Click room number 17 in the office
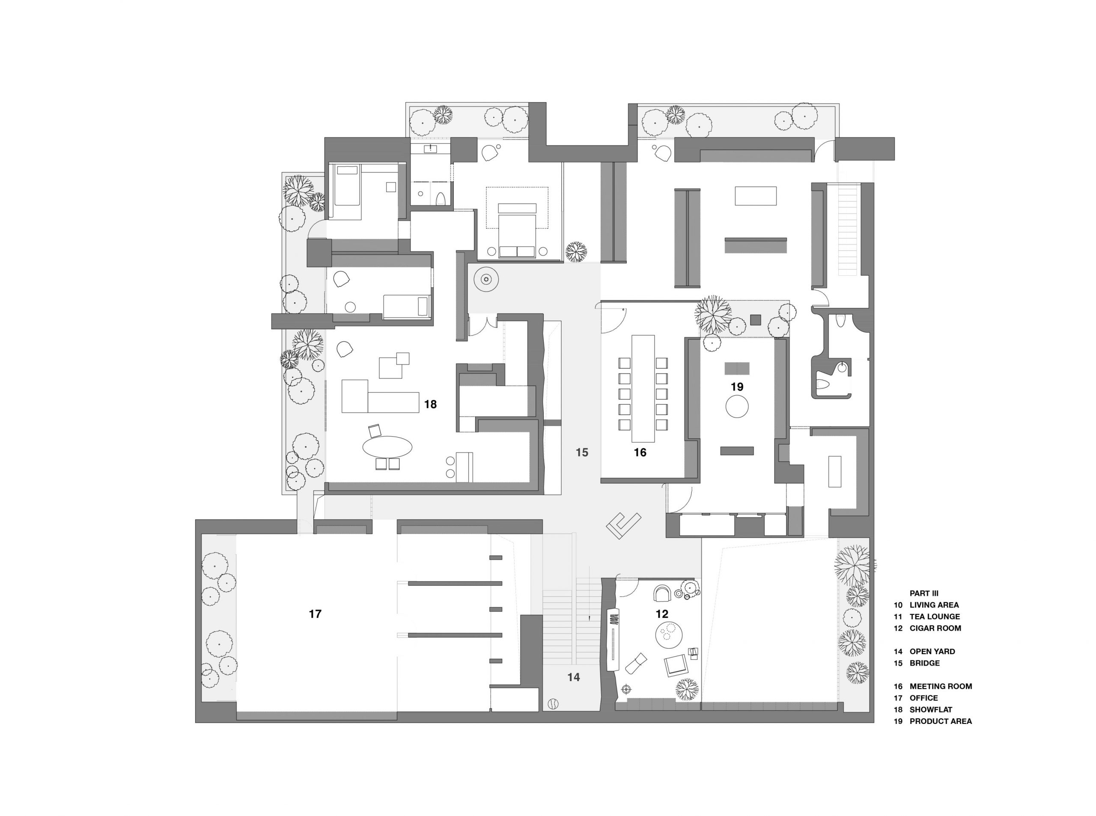pos(315,614)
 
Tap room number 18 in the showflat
pos(430,405)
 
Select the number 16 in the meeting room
pos(640,453)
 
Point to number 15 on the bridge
pos(582,453)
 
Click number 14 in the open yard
pos(573,677)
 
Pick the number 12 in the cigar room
pos(662,614)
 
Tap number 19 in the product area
pos(737,387)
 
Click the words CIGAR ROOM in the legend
pos(935,628)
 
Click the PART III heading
pos(924,593)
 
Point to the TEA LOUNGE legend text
pos(935,616)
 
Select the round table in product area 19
pos(737,407)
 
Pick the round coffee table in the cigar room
pos(669,634)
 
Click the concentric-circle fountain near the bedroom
pos(486,280)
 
